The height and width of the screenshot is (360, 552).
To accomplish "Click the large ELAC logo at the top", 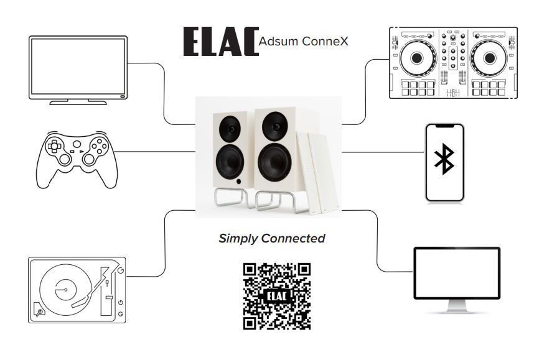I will point(220,42).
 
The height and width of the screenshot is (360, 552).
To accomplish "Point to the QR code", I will point(276,296).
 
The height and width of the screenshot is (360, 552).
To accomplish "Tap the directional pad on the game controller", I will point(55,147).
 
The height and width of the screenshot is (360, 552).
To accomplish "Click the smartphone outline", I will point(444,162).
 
